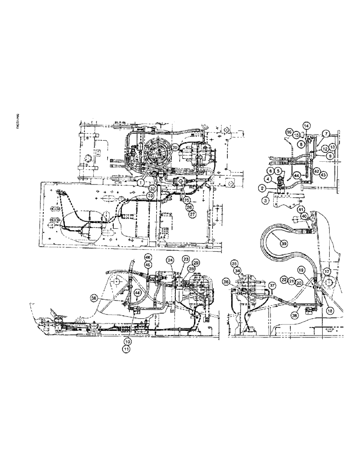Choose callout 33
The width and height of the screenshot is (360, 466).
pos(150,197)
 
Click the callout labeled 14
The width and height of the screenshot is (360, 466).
pos(306,125)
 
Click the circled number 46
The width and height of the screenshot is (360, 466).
pos(148,257)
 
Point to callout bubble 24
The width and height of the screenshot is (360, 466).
pos(170,260)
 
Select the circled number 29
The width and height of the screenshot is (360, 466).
pos(197,263)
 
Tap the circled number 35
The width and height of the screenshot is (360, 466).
pos(234,263)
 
